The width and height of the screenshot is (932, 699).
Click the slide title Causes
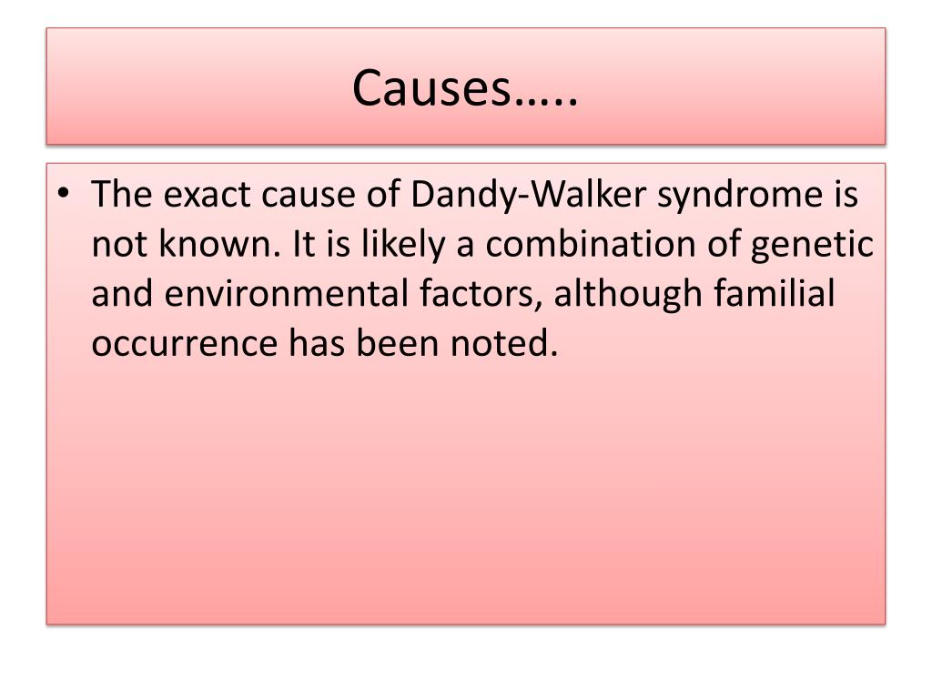point(465,88)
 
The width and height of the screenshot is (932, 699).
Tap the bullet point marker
point(69,195)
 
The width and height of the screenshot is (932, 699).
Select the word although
point(627,297)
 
